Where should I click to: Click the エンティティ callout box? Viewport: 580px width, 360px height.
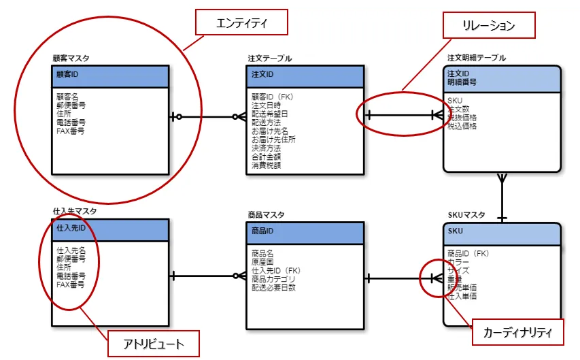pos(241,23)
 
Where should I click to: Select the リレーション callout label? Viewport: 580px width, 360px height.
pos(489,26)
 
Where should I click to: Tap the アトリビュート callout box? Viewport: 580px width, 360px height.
pos(154,343)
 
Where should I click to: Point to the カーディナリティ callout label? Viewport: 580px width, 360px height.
pos(517,333)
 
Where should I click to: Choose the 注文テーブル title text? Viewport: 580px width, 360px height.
pos(270,59)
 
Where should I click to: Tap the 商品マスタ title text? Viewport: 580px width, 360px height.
pos(267,214)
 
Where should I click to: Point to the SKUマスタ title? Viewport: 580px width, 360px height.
pos(466,214)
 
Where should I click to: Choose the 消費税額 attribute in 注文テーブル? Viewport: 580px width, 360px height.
pos(266,165)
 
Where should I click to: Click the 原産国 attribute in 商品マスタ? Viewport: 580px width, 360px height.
pos(262,262)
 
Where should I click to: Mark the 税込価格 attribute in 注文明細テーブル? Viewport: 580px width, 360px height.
pos(462,126)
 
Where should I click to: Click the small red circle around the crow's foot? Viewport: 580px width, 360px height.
pos(433,278)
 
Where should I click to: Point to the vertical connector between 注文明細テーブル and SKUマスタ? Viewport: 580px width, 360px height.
pos(502,197)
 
